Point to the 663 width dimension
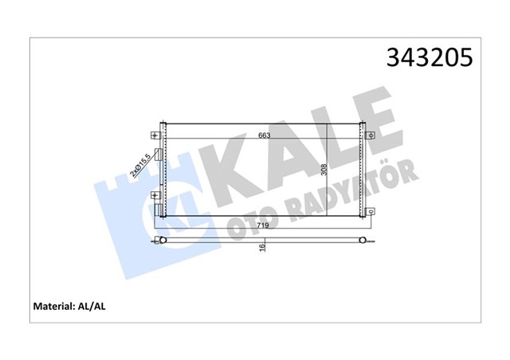pos(264,135)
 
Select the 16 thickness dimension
pos(263,248)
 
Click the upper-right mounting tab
pos(371,135)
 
